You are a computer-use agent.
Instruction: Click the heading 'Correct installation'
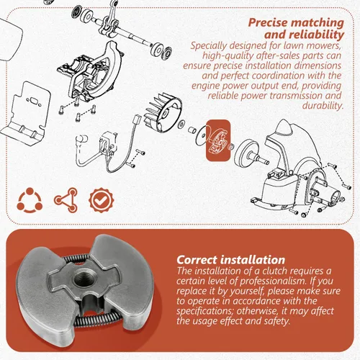231,260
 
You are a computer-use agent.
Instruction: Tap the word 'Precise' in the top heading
268,23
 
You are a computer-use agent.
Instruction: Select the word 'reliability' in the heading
316,35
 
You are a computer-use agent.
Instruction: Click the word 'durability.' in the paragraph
323,106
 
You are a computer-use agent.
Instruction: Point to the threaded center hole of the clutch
83,279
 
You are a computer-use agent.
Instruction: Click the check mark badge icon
102,200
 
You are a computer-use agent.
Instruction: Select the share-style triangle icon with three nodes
66,200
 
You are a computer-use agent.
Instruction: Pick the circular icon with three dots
30,200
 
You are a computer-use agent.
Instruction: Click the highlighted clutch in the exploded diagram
218,141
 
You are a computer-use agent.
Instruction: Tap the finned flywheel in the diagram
163,114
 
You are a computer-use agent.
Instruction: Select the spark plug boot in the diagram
81,140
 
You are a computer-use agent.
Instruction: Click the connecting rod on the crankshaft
111,19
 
